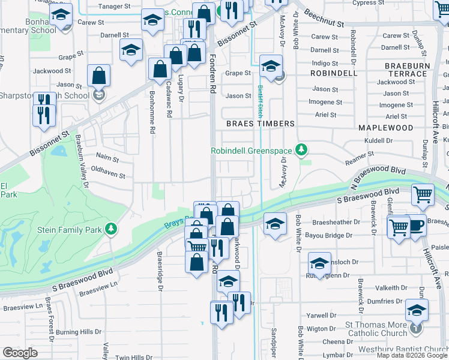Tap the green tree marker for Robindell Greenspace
pos(304,149)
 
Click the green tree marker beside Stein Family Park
pos(110,228)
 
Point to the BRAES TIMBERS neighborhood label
pos(260,124)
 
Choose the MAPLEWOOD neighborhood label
pos(385,128)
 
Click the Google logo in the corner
pos(20,353)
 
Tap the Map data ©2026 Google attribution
pos(412,355)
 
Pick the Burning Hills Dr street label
pos(79,331)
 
